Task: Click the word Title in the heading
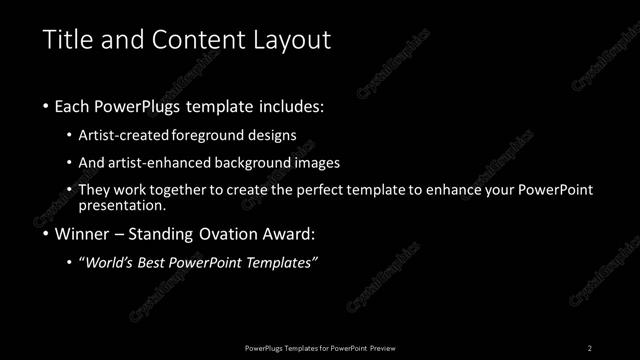pyautogui.click(x=69, y=40)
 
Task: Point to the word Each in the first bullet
pyautogui.click(x=77, y=105)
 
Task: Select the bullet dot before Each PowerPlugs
pyautogui.click(x=47, y=105)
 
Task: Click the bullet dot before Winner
pyautogui.click(x=47, y=235)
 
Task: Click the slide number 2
pyautogui.click(x=589, y=347)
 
